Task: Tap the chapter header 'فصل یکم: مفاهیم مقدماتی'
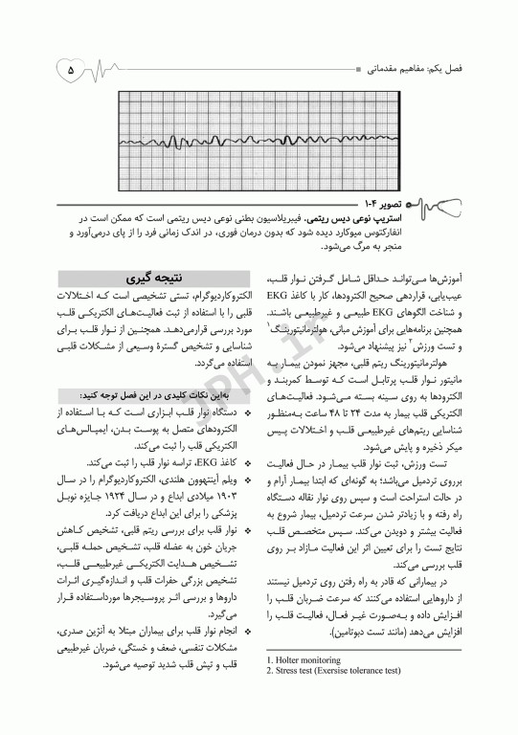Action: (x=417, y=70)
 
